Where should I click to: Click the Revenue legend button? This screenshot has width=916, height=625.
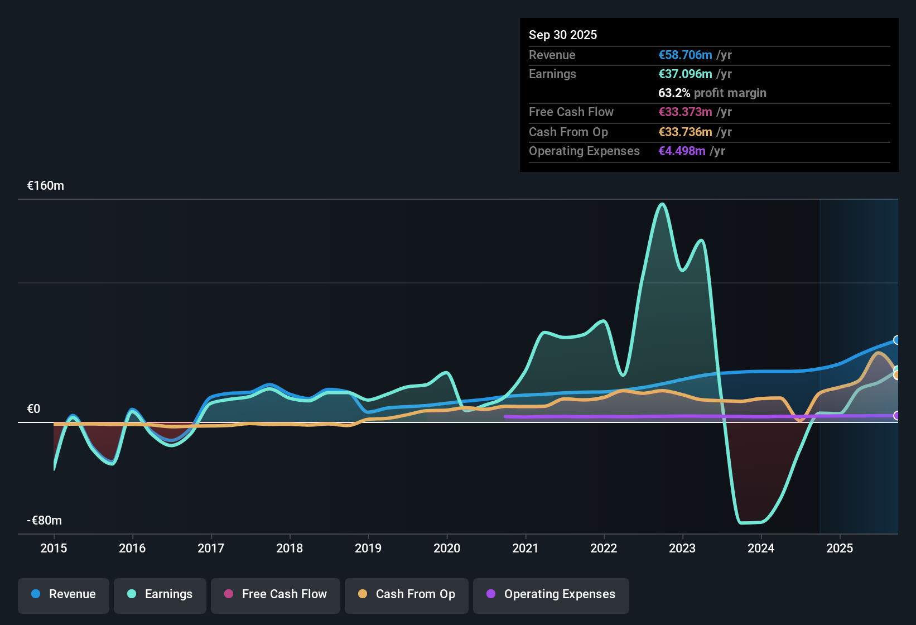tap(64, 595)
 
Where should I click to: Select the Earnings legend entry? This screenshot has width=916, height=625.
tap(160, 595)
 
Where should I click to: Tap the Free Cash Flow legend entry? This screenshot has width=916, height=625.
tap(276, 595)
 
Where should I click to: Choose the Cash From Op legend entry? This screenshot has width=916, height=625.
tap(407, 595)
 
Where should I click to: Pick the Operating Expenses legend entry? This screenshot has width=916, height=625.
tap(551, 595)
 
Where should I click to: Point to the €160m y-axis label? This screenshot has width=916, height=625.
tap(46, 186)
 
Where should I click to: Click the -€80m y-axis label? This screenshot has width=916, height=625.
tap(45, 521)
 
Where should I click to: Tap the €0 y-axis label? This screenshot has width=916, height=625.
tap(34, 409)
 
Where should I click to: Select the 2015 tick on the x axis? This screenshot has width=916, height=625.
tap(54, 548)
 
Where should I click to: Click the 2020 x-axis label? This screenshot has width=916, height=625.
tap(447, 548)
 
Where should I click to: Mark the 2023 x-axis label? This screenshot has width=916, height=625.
tap(682, 548)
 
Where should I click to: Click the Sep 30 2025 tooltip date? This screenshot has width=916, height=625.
tap(563, 35)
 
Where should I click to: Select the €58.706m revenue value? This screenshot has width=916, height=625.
tap(685, 55)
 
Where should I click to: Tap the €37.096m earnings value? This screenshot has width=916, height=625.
tap(685, 74)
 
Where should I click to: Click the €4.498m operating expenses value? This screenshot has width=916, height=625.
tap(682, 151)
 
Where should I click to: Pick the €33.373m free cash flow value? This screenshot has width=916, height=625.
tap(685, 112)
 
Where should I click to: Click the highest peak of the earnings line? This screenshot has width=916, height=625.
tap(662, 204)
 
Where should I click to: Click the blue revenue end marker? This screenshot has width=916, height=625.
tap(897, 340)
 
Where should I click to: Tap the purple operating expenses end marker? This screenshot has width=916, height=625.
tap(897, 415)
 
